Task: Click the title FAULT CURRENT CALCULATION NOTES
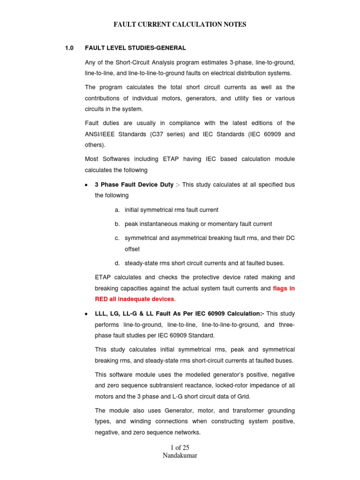180,24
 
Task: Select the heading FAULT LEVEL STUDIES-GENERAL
135,48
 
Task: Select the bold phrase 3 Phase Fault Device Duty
134,185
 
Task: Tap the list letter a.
117,210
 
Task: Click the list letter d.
117,263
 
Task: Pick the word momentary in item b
225,224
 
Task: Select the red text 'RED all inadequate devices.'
135,299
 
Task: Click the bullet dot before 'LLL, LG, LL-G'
87,314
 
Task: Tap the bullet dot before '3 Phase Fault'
87,185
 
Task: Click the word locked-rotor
250,385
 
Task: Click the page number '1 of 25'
180,448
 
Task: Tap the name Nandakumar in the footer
180,456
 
